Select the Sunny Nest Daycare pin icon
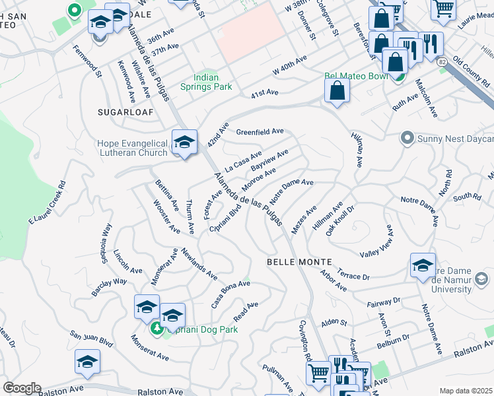407,138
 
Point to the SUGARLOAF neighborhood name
125,112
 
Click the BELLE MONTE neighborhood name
294,262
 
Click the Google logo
22,388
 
